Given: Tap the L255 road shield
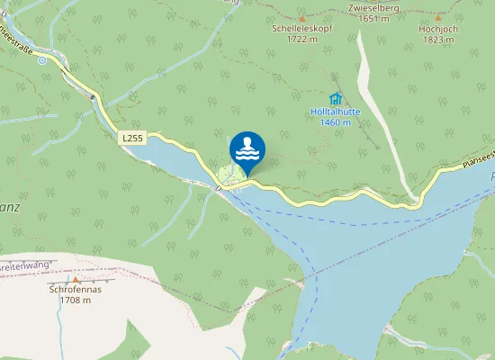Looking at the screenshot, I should [131, 138].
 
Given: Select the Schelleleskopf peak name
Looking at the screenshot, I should [301, 28].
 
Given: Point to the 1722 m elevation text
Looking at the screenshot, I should [301, 39].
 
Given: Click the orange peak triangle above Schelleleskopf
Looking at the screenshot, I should [301, 18].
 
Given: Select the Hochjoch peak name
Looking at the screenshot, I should [438, 28].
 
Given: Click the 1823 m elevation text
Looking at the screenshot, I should [438, 39].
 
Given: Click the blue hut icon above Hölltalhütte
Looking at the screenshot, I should [336, 98].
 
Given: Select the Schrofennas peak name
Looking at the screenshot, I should [75, 290].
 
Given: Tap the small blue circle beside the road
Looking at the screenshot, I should [41, 60].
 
